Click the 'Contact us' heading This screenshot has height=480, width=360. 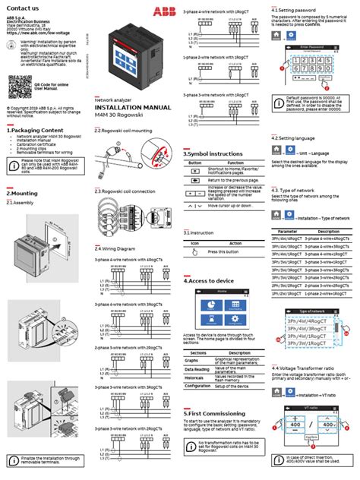[23, 7]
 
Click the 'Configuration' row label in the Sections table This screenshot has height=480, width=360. [200, 386]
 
